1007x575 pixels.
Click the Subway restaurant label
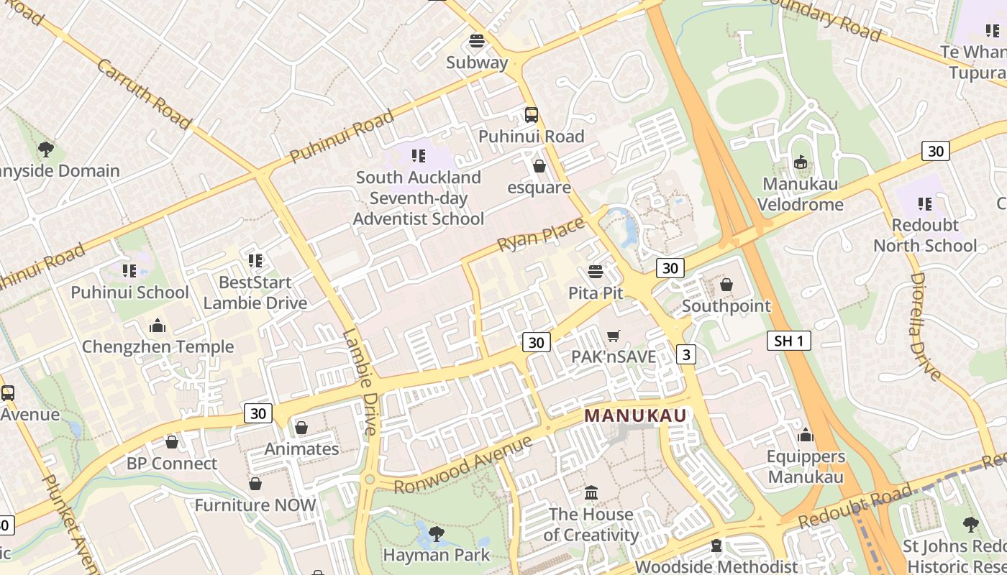477,63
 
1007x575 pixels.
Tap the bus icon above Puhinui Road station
531,115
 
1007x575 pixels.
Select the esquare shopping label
539,188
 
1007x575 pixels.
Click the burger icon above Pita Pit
595,272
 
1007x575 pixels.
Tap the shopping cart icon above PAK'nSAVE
614,336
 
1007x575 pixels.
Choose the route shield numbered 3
686,354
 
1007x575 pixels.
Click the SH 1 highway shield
788,341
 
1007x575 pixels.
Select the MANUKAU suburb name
636,415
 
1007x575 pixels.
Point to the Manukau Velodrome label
801,194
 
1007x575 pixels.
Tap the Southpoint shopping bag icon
726,285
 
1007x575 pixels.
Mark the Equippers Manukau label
806,466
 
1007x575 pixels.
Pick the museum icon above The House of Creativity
591,493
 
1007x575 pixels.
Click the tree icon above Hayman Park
436,533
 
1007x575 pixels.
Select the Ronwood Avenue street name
464,464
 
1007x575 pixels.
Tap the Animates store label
301,449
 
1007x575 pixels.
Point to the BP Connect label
172,464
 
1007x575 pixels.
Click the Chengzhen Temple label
158,347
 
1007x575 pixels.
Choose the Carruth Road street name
144,94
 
